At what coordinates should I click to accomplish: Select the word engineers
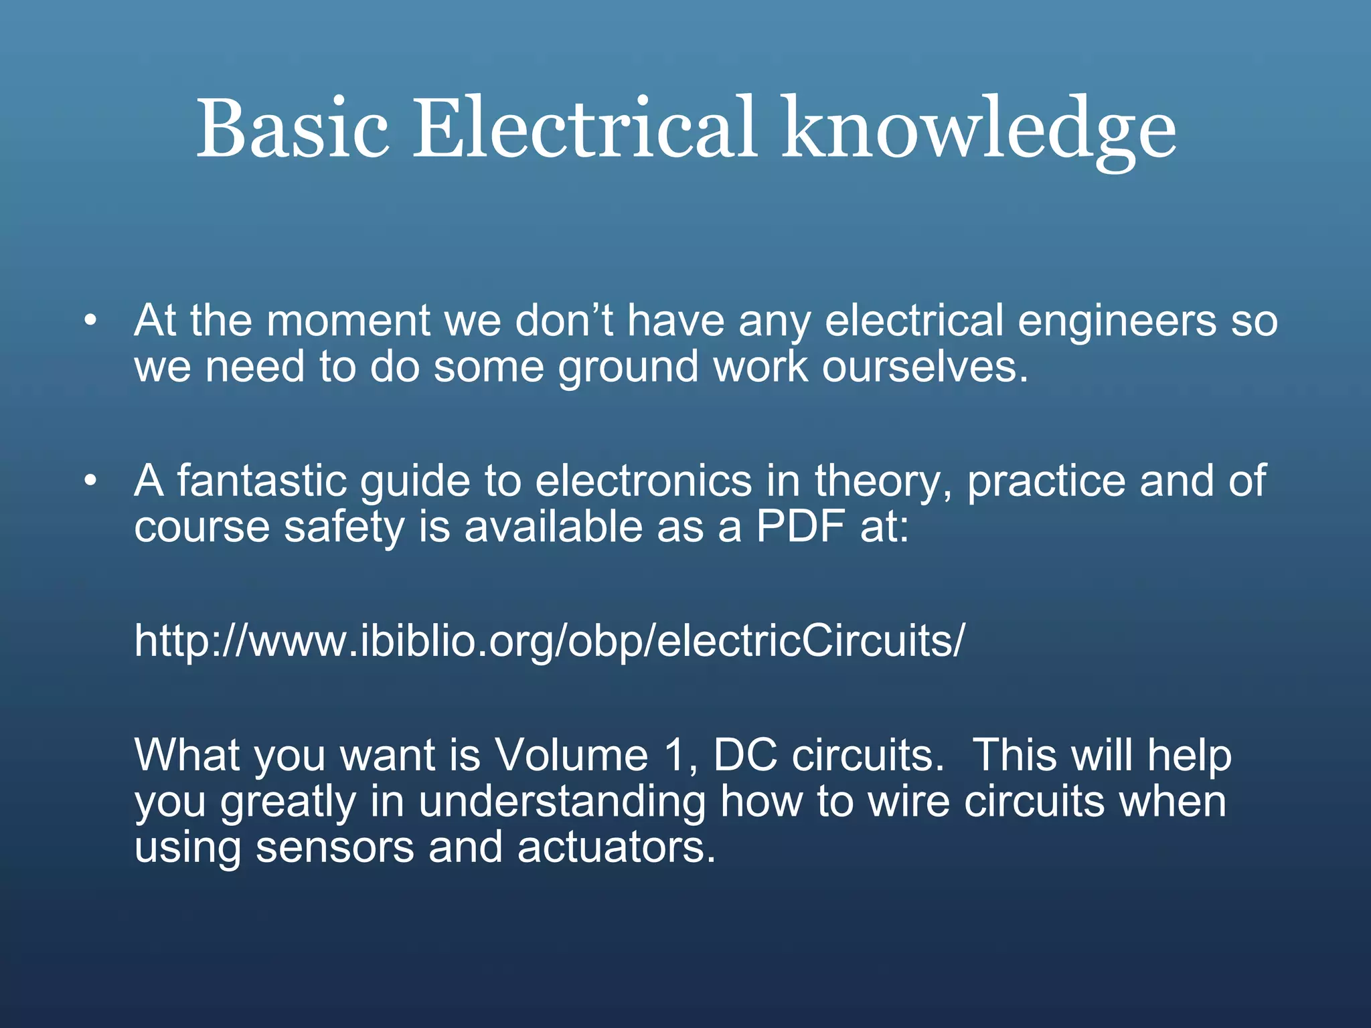tap(1117, 322)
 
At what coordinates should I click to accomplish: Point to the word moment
tap(348, 321)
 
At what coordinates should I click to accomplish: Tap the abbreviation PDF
tap(800, 527)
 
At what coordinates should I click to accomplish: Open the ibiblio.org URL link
tap(550, 641)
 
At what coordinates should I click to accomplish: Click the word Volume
tap(571, 756)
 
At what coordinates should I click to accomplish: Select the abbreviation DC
tap(745, 756)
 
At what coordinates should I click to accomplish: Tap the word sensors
tap(335, 848)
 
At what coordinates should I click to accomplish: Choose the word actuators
tap(616, 848)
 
